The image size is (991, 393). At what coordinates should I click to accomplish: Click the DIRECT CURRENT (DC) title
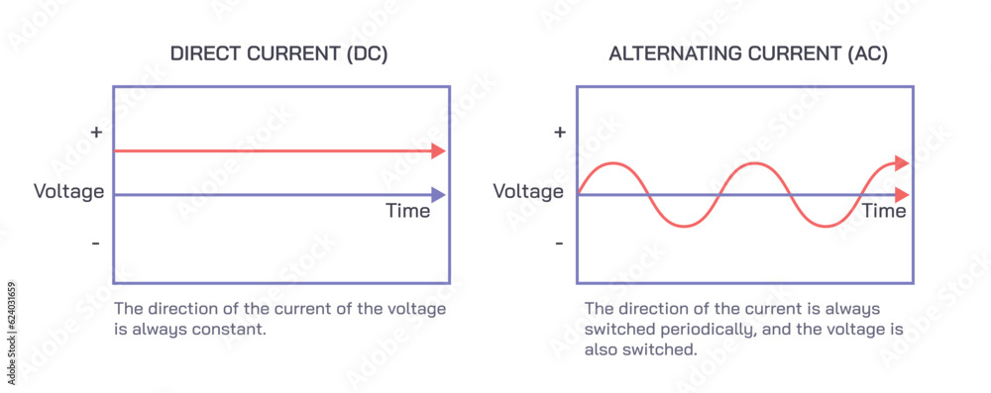pos(278,54)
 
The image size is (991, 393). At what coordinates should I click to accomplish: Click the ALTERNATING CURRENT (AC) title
pos(748,54)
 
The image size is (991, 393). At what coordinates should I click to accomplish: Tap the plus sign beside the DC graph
pos(96,132)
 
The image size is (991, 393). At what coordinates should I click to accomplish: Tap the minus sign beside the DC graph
pos(96,243)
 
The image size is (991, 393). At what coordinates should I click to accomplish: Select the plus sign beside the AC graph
pos(560,132)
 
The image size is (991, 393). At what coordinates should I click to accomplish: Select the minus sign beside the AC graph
pos(560,243)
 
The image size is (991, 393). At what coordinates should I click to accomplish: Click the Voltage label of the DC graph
pos(68,191)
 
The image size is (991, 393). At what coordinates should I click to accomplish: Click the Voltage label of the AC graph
pos(528,191)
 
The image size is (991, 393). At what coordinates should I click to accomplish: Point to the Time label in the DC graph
pos(407,211)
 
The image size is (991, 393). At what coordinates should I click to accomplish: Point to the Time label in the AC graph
pos(883,211)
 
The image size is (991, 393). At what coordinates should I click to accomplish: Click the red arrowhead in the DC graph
pos(438,151)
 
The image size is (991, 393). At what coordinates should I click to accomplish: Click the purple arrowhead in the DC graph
pos(438,195)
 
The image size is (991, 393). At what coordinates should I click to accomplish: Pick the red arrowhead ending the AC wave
pos(901,163)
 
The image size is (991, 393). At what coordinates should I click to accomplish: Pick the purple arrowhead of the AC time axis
pos(901,195)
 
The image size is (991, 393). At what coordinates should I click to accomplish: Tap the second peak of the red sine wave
pos(755,163)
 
